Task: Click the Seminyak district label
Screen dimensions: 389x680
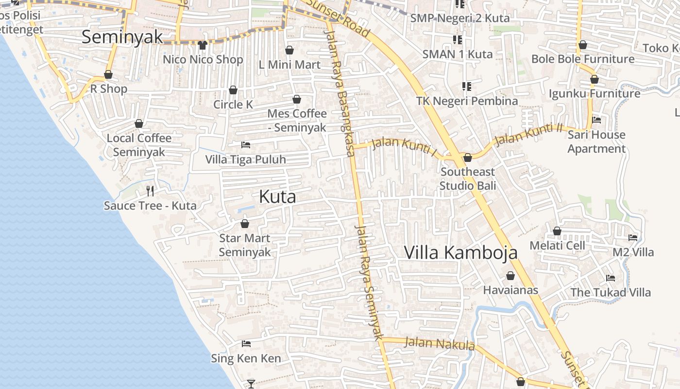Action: [x=122, y=37]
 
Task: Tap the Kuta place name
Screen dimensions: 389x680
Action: [x=277, y=196]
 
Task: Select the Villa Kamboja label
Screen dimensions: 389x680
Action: [x=460, y=252]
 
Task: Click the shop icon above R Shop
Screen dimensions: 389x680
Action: [x=108, y=74]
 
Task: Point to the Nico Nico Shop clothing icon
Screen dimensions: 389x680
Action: [x=203, y=45]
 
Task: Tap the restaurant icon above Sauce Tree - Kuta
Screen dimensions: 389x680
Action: [x=150, y=191]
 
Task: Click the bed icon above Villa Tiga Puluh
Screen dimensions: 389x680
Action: [x=246, y=145]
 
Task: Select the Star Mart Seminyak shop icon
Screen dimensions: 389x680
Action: [x=245, y=224]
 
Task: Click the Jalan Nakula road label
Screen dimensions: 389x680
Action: [x=439, y=343]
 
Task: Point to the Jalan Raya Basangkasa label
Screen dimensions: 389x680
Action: [x=340, y=92]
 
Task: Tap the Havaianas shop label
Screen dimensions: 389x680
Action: [x=510, y=290]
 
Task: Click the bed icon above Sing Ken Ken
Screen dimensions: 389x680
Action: [x=246, y=344]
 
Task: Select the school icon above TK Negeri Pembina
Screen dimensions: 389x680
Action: [x=467, y=87]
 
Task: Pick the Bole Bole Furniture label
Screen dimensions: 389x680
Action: [x=583, y=59]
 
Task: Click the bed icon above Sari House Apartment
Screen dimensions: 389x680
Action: [x=596, y=120]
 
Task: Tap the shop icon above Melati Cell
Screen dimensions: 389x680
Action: [x=557, y=231]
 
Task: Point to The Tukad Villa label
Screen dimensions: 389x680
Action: [x=611, y=292]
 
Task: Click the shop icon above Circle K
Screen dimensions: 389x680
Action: [x=233, y=90]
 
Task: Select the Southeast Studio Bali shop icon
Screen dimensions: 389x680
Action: [x=468, y=158]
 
